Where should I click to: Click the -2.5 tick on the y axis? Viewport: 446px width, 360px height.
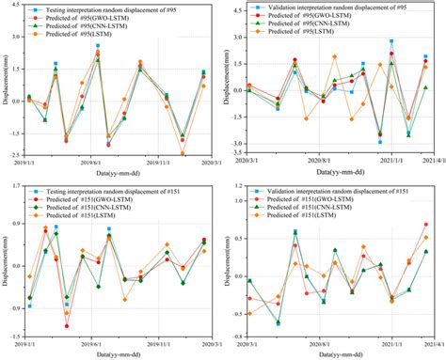click(x=16, y=155)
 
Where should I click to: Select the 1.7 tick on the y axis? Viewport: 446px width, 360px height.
click(x=16, y=186)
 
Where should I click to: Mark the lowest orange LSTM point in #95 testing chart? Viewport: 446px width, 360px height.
click(x=183, y=153)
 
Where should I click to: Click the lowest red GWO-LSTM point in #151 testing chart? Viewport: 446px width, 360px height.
click(x=67, y=326)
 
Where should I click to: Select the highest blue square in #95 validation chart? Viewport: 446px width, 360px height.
click(x=391, y=41)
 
